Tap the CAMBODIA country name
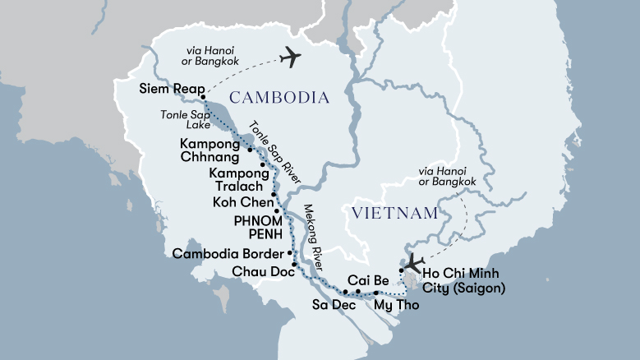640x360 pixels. [x=279, y=98]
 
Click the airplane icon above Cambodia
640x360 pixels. [x=290, y=58]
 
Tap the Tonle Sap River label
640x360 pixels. [x=275, y=153]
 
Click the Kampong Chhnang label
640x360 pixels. [x=209, y=150]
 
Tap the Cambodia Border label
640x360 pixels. [x=230, y=253]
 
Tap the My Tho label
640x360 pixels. [x=396, y=305]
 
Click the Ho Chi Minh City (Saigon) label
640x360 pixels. [x=463, y=280]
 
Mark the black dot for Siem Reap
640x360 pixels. [x=202, y=100]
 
